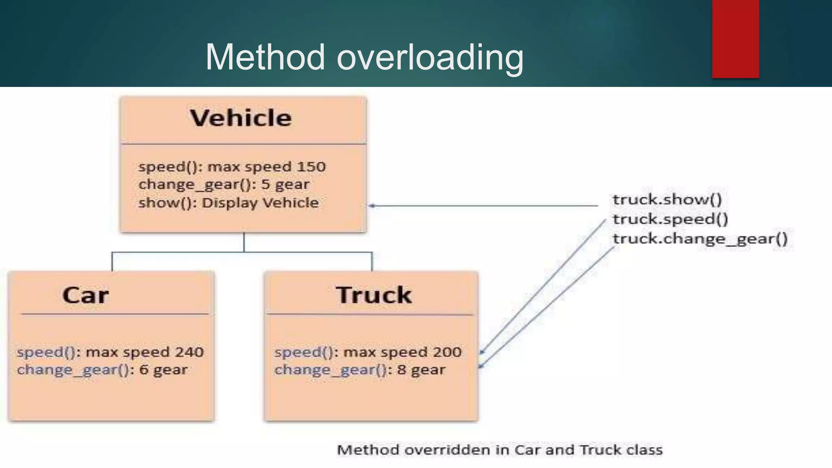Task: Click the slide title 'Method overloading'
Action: (364, 57)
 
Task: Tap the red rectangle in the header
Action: (735, 39)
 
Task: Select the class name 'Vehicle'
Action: (241, 118)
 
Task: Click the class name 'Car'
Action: (85, 295)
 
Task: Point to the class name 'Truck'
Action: (374, 295)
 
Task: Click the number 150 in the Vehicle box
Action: (311, 167)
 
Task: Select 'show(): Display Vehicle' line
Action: (228, 203)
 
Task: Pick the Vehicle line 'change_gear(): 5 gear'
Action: (224, 185)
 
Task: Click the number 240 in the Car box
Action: (189, 352)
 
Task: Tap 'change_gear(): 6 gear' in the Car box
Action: (102, 370)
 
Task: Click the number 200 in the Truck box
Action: (447, 352)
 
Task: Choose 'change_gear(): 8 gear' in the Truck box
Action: (360, 370)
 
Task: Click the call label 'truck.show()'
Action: (667, 199)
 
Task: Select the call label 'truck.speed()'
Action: (670, 219)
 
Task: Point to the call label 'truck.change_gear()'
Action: (700, 238)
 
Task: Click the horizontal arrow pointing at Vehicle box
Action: (483, 206)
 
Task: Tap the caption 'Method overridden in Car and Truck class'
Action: (500, 450)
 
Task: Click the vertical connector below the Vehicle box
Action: (244, 243)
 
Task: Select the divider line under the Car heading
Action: (115, 314)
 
